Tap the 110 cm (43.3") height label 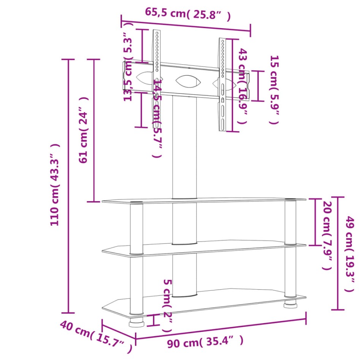click(55, 185)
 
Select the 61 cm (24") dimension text click(84, 130)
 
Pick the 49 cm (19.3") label click(349, 254)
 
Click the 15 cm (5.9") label click(274, 90)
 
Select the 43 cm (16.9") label click(243, 86)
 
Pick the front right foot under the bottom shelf click(290, 304)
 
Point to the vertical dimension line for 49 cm click(338, 253)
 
